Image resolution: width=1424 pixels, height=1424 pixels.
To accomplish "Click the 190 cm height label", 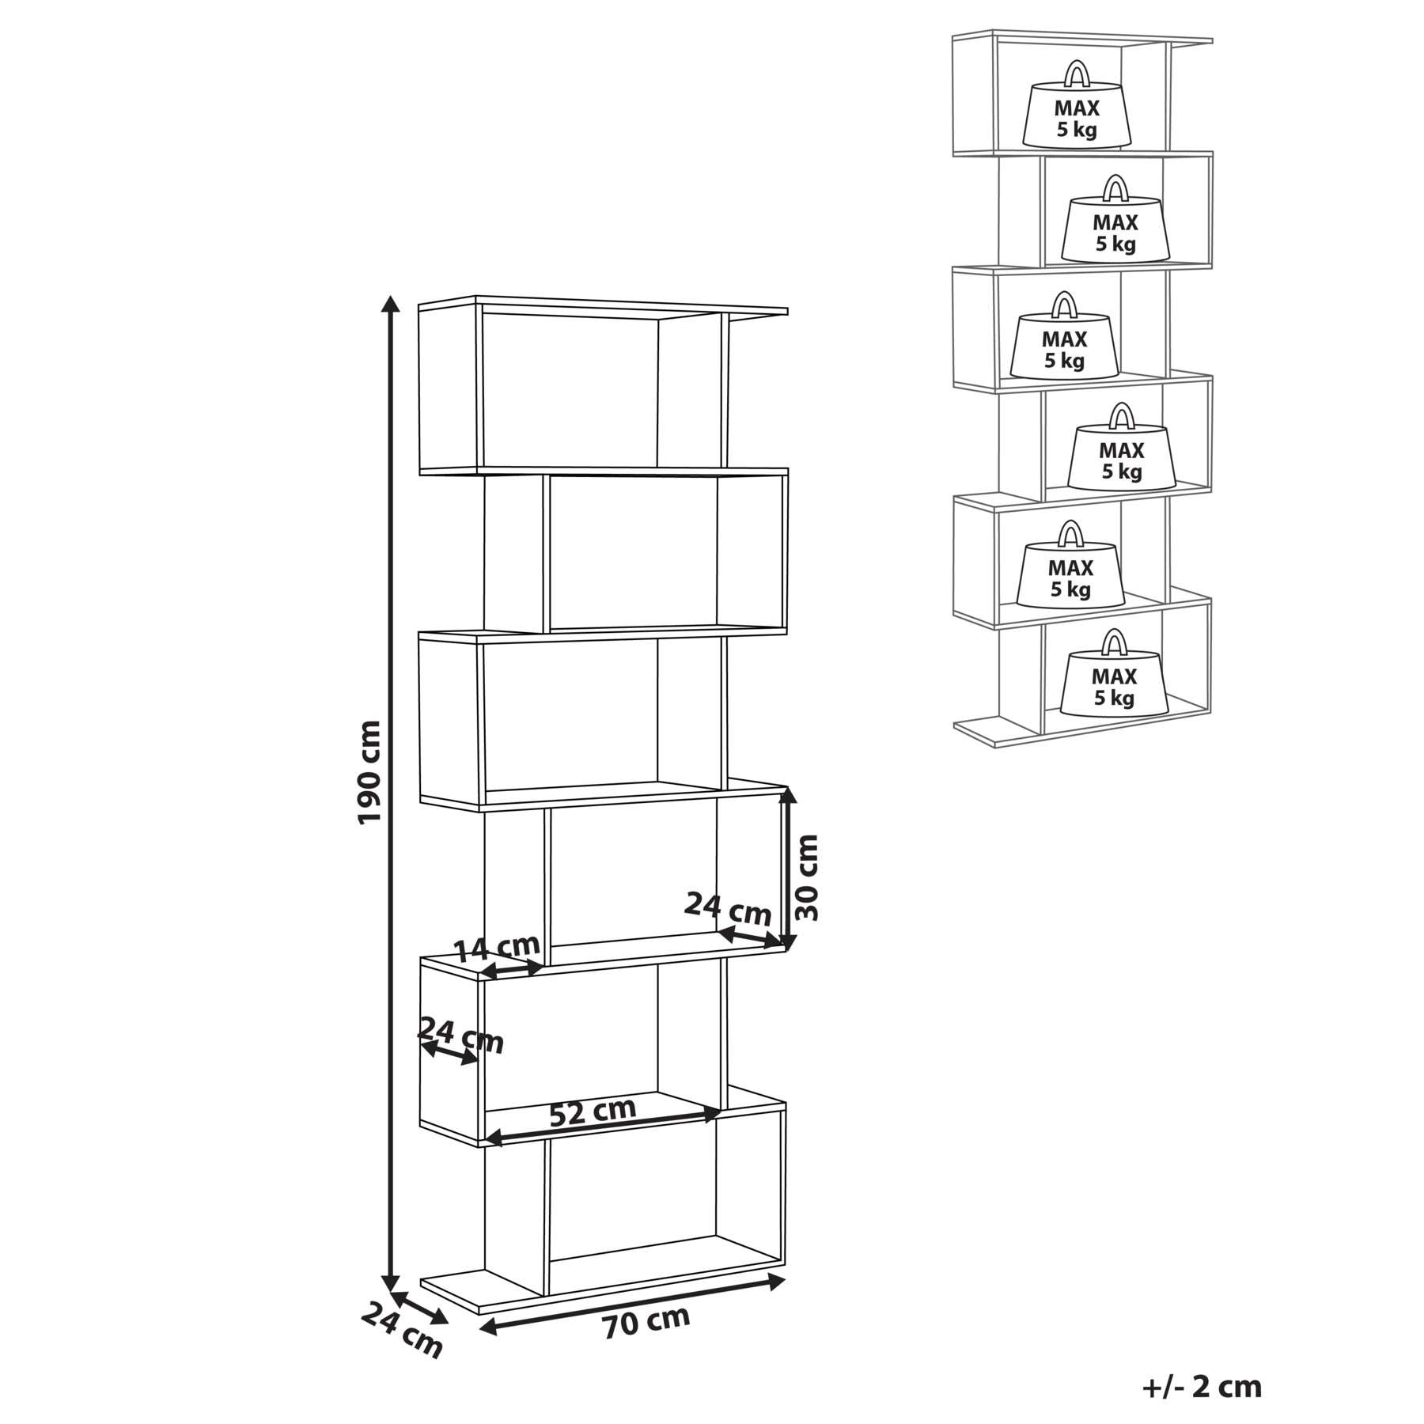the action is coord(369,772).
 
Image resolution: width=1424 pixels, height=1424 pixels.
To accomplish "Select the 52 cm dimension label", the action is coord(593,1112).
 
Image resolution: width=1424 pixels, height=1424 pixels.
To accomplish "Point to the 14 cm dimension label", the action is coord(497,946).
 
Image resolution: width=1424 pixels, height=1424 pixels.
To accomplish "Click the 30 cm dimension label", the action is coord(806,877).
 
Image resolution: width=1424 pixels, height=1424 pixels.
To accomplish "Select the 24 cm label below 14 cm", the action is coord(460,1036).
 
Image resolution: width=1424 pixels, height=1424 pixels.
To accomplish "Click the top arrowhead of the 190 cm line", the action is coord(389,304).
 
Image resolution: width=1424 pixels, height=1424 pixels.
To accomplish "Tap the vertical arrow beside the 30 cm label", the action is coord(786,868).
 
